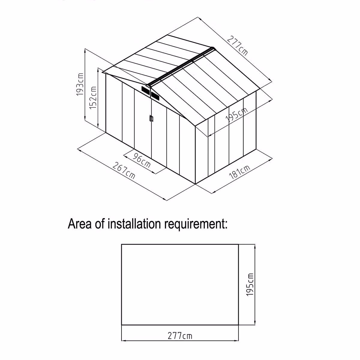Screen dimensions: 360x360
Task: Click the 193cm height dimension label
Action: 80,85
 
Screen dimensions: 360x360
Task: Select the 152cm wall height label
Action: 93,98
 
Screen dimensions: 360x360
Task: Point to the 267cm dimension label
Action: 124,171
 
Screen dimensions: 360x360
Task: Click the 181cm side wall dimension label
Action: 240,172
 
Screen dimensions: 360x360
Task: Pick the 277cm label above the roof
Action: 237,46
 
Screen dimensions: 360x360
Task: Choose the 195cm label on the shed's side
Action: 236,114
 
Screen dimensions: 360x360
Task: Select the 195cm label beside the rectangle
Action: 250,285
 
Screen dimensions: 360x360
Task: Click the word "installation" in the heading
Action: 134,224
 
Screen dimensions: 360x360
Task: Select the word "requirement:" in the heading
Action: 196,225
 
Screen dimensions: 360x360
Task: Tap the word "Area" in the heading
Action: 79,224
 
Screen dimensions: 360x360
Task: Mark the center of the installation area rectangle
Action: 180,284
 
